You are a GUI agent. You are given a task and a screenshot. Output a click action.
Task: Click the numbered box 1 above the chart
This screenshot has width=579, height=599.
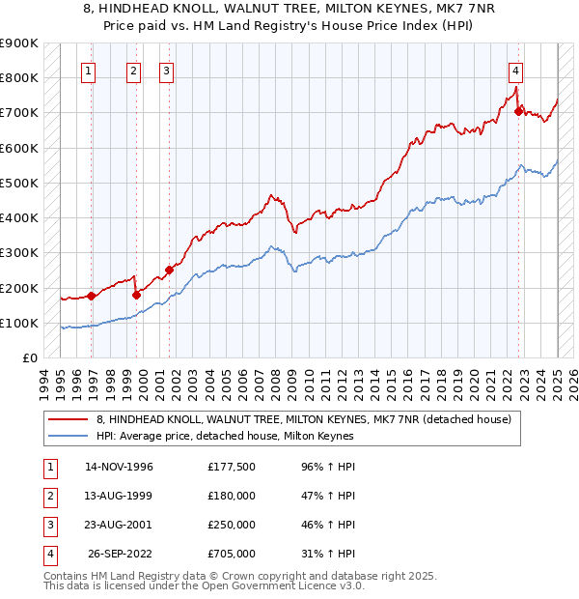pyautogui.click(x=88, y=70)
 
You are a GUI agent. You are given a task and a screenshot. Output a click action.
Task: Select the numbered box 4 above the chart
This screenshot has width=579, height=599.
pyautogui.click(x=516, y=70)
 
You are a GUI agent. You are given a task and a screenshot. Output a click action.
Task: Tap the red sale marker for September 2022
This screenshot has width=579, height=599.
pyautogui.click(x=518, y=111)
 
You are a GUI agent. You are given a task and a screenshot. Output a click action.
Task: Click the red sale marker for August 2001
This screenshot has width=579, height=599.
pyautogui.click(x=169, y=271)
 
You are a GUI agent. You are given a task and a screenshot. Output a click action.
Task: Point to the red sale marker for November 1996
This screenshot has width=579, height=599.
pyautogui.click(x=92, y=296)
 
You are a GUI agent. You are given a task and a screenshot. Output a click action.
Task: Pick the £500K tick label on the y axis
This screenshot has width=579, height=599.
pyautogui.click(x=19, y=183)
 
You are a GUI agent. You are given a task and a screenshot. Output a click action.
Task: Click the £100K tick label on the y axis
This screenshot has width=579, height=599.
pyautogui.click(x=19, y=323)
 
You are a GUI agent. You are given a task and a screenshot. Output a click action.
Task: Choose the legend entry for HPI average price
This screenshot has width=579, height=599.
pyautogui.click(x=225, y=436)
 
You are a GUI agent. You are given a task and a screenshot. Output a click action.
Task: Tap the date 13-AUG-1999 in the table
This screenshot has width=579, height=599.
pyautogui.click(x=119, y=496)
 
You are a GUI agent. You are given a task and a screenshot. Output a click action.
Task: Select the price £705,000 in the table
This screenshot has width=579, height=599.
pyautogui.click(x=231, y=554)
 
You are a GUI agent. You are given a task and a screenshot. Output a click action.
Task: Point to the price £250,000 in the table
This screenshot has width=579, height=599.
pyautogui.click(x=231, y=525)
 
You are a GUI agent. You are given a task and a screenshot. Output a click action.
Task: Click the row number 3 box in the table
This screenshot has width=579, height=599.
pyautogui.click(x=48, y=525)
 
